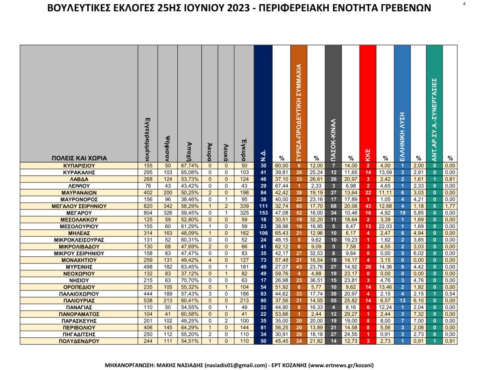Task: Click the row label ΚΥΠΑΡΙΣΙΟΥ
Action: click(79, 166)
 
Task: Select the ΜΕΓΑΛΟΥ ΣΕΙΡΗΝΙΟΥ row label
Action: click(79, 205)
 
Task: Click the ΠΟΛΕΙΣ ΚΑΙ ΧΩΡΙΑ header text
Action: click(79, 158)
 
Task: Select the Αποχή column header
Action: click(190, 150)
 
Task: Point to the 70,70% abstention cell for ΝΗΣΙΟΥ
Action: click(190, 280)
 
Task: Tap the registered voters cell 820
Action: click(148, 205)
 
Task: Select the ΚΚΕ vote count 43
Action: click(367, 205)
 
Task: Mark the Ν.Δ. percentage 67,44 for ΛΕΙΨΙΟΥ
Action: click(281, 186)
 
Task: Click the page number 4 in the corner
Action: click(464, 4)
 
